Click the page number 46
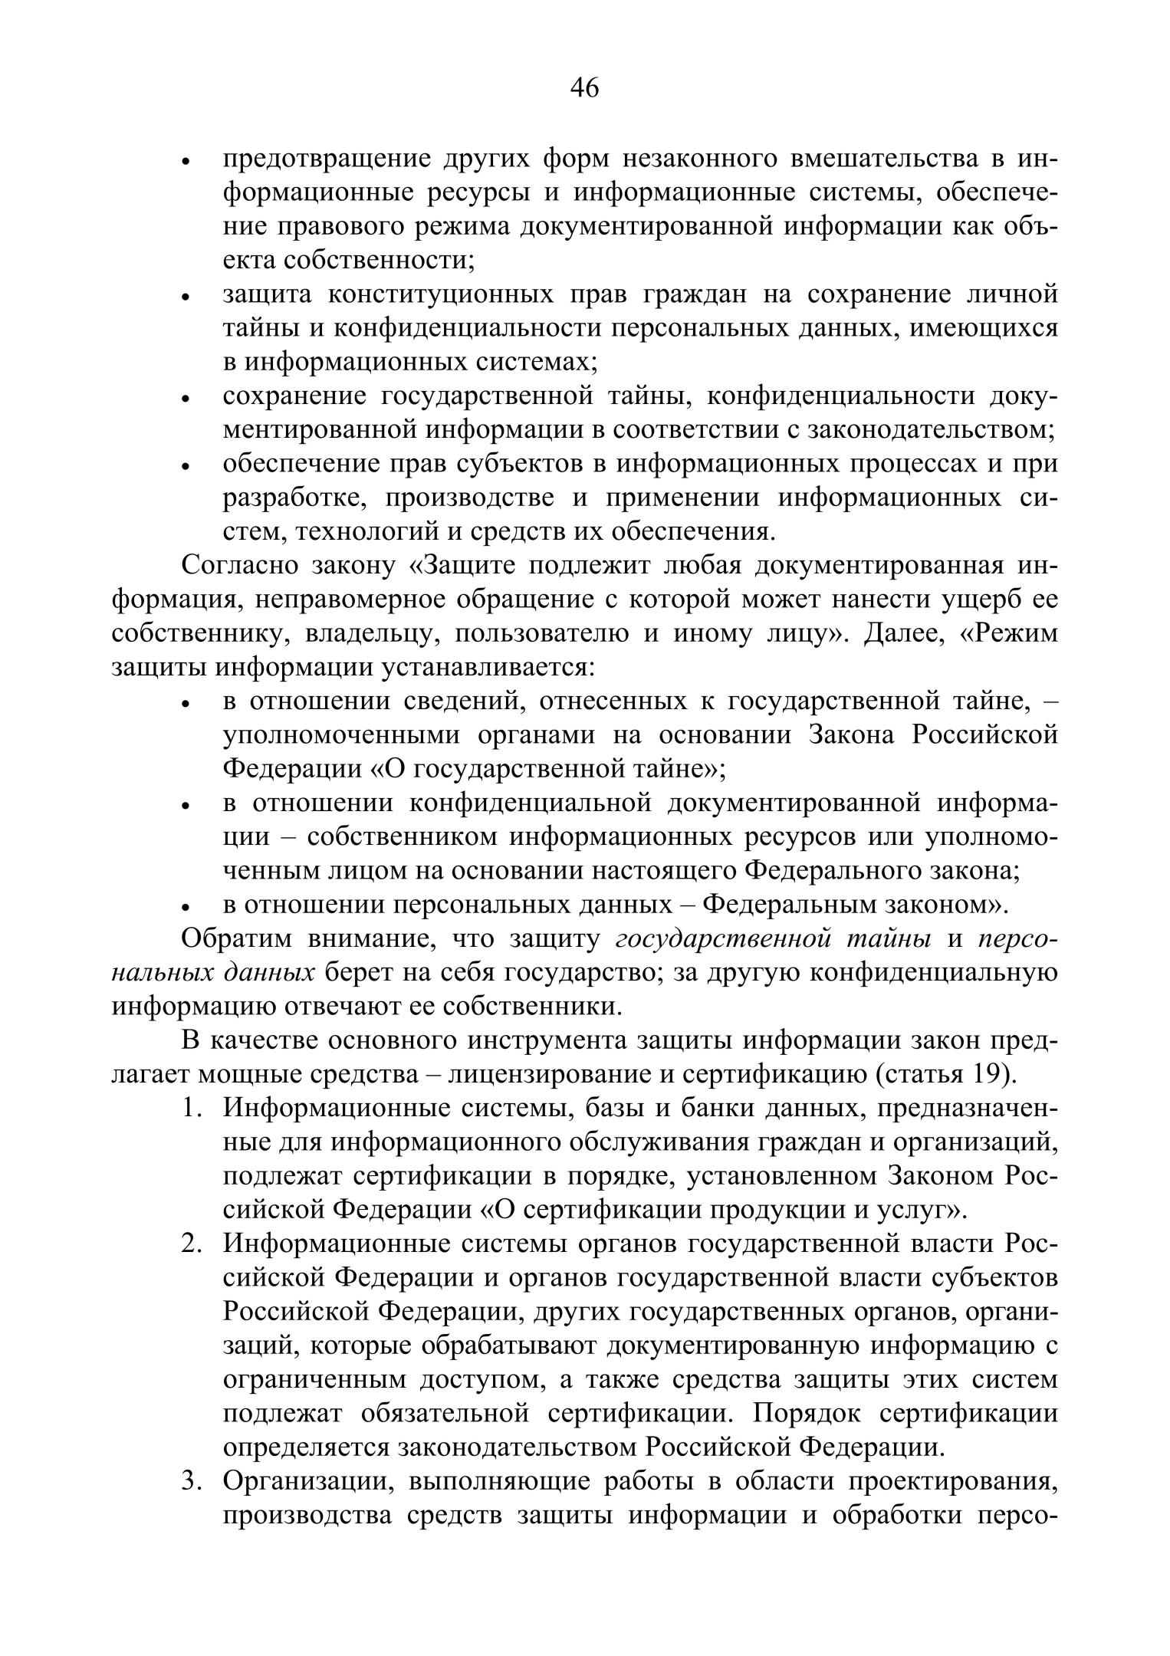[584, 89]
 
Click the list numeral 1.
[190, 1108]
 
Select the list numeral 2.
[190, 1243]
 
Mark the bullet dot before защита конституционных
[185, 297]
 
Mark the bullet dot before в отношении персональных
[185, 907]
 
